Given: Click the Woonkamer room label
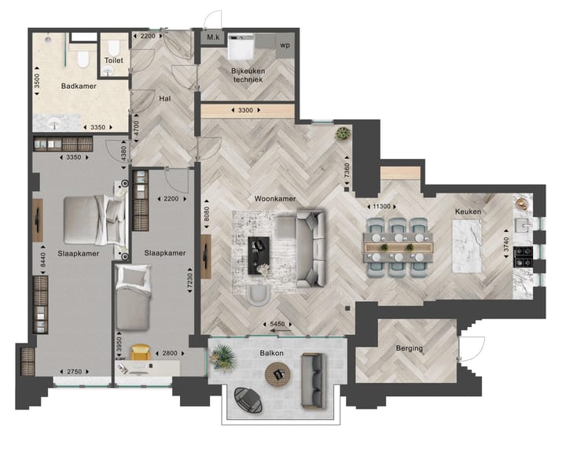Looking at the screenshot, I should point(274,199).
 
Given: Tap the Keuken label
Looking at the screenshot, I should point(468,211).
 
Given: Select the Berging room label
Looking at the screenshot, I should point(409,348).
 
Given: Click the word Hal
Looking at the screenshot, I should point(165,99).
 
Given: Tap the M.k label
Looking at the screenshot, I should point(212,38).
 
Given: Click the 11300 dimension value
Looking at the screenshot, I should point(382,206).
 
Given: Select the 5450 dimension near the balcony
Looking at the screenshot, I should point(277,324).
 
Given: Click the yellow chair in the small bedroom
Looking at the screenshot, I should point(141,353).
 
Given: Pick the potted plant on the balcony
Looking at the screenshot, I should point(224,359).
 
